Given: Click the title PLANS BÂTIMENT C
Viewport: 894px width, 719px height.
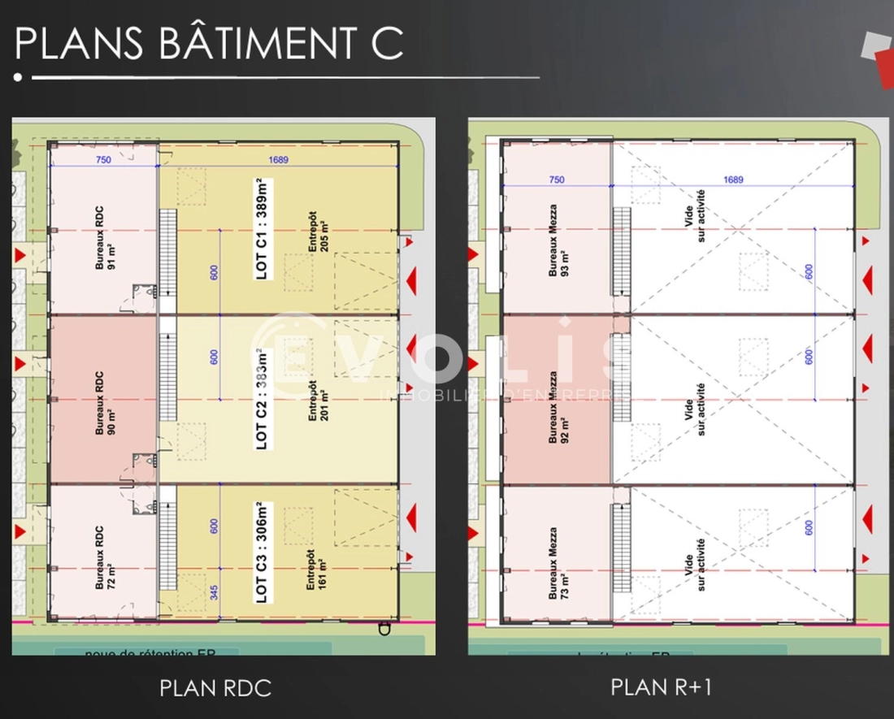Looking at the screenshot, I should [x=209, y=44].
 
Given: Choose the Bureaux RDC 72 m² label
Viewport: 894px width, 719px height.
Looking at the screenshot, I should [x=103, y=558].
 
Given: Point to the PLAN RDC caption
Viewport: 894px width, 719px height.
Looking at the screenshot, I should [x=215, y=689].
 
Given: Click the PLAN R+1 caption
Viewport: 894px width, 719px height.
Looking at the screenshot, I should [x=661, y=687].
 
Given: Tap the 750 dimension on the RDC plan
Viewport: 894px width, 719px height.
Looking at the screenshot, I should [x=103, y=160].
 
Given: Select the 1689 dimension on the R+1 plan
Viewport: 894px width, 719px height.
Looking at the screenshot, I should [x=733, y=180].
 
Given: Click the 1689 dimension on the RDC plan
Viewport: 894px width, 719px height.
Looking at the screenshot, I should [x=279, y=160].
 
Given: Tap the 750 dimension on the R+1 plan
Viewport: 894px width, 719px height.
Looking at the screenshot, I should [x=557, y=180].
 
